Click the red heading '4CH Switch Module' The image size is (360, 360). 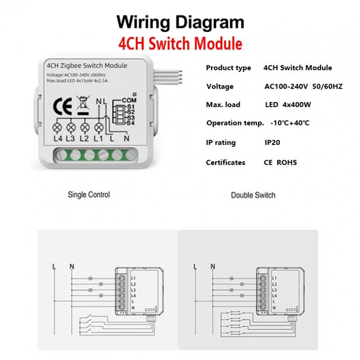(x=180, y=44)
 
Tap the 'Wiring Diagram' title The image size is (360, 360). (x=180, y=22)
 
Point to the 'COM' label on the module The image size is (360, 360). (x=129, y=100)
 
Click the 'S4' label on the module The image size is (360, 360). (x=131, y=122)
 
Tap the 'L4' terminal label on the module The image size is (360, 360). (x=57, y=139)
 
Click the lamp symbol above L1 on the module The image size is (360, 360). (x=99, y=127)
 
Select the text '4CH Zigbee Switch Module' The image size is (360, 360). (x=87, y=66)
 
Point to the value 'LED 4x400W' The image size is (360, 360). (x=288, y=105)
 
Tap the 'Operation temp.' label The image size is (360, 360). (x=235, y=123)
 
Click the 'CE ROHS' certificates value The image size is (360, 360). (x=280, y=162)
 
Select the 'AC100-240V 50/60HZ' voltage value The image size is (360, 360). (x=303, y=86)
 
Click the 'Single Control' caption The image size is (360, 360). (x=89, y=195)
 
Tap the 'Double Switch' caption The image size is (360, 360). (x=253, y=195)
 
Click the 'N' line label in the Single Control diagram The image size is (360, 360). (x=71, y=266)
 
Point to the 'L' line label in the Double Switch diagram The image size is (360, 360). (x=195, y=266)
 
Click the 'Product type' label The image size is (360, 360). (x=228, y=68)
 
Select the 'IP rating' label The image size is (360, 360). (x=220, y=143)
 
